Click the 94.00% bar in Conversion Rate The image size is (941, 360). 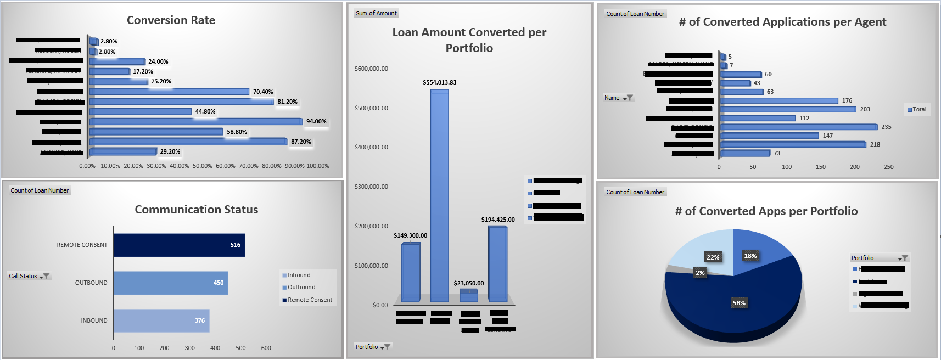coord(195,121)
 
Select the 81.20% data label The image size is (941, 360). coord(287,102)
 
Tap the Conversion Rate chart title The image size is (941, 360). coord(171,20)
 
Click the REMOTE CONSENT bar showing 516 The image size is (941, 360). coord(179,245)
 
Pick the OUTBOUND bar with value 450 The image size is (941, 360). coord(171,283)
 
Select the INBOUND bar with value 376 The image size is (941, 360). coord(161,320)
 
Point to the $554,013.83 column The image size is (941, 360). coord(439,195)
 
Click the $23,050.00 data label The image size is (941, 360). coord(468,283)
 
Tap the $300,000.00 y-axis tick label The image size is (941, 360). coord(371,187)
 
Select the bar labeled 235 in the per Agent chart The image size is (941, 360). coord(798,127)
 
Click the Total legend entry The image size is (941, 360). coord(917,109)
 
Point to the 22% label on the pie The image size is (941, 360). coord(713,257)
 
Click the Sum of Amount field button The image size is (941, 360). coord(376,13)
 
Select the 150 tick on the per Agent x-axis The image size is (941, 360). coord(820,167)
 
